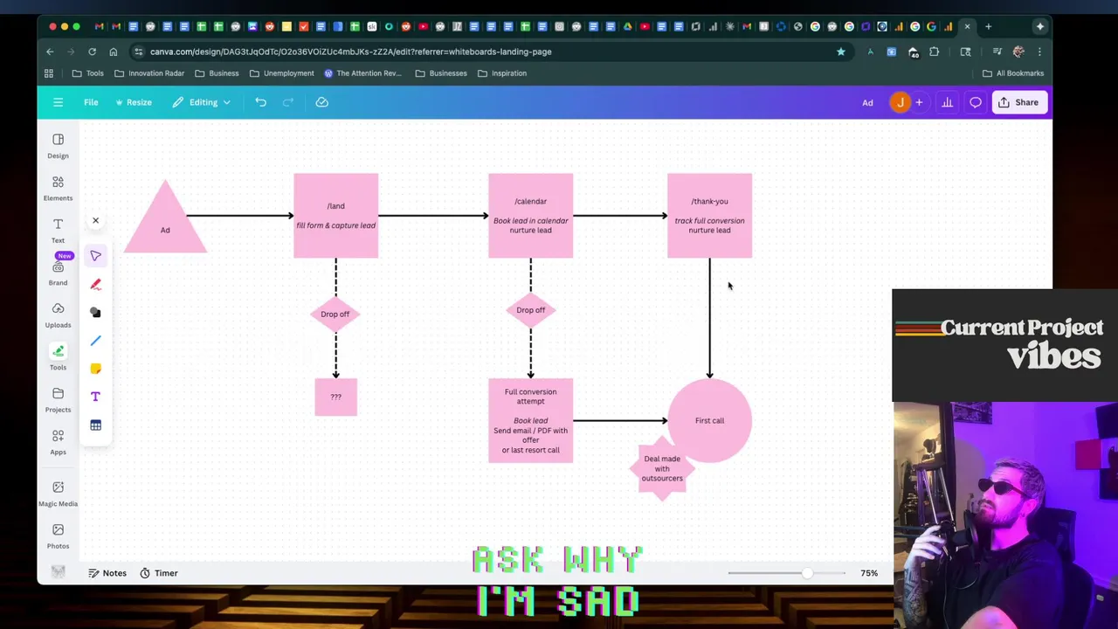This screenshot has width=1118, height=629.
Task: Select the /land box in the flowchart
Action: (335, 216)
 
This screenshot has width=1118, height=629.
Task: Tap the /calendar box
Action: (530, 216)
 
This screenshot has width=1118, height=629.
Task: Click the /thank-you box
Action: (709, 216)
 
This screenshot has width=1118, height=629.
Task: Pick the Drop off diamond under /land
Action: (335, 314)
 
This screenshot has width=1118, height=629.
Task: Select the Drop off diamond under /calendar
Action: (530, 310)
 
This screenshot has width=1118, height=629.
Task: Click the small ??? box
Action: (335, 397)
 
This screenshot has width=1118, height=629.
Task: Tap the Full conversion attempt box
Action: (530, 420)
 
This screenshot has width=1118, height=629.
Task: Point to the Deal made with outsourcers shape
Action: (662, 469)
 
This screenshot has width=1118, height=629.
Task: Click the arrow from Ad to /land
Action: (240, 216)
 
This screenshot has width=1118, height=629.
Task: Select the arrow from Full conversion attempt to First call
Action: (619, 420)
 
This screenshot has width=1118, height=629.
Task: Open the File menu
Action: (91, 102)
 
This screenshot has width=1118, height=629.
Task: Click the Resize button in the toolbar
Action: (134, 102)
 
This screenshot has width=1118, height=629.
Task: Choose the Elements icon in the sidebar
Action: (58, 187)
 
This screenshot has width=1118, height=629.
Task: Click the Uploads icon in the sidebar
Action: (58, 314)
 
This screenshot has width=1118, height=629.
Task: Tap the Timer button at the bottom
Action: (158, 573)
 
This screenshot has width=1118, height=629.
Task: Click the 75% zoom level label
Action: (868, 573)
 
